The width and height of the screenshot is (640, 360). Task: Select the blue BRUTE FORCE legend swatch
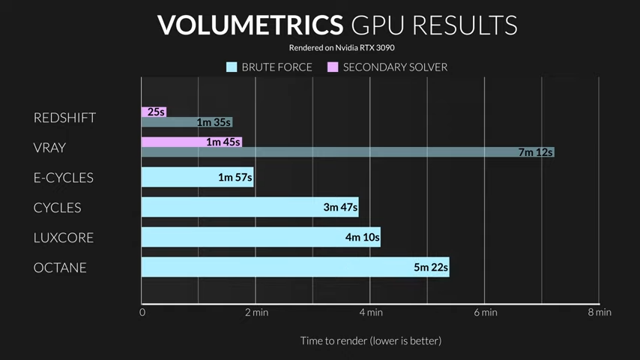(232, 67)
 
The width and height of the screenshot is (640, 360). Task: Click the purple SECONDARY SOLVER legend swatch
(333, 67)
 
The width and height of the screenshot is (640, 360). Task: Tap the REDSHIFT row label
(64, 118)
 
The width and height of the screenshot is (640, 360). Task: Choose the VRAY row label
(49, 148)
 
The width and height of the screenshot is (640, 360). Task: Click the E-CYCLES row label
(64, 178)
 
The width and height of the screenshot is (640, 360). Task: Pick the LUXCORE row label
(64, 238)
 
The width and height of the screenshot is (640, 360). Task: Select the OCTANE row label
(60, 268)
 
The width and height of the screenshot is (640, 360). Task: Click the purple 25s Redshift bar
(154, 112)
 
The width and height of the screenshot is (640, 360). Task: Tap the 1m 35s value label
(214, 122)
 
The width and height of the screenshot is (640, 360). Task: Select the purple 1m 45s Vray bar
(191, 142)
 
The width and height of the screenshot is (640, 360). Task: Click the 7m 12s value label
(535, 152)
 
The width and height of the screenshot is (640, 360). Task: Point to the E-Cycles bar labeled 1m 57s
(197, 177)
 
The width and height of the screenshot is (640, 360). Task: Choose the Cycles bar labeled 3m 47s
(250, 207)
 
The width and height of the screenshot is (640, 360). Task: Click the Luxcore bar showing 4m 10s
(261, 237)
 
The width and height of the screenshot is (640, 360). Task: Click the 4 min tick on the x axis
(370, 312)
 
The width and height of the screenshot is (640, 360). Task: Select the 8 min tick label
(600, 312)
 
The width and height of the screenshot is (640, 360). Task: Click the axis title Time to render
(371, 340)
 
